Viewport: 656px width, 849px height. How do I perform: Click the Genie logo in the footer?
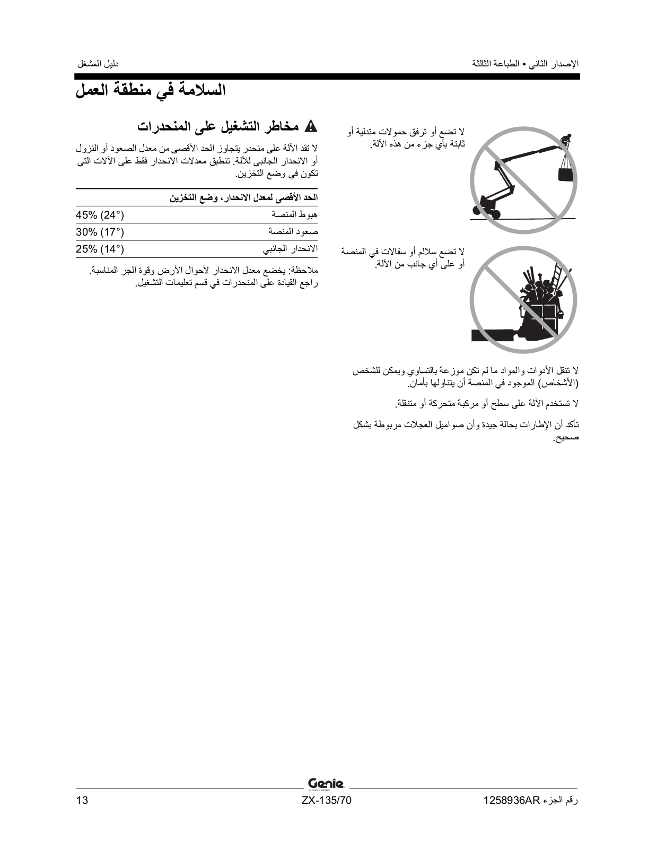[x=326, y=783]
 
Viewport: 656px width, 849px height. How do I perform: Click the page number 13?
[x=82, y=801]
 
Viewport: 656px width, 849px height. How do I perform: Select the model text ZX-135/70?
[x=326, y=801]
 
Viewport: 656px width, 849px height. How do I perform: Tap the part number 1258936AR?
[x=511, y=801]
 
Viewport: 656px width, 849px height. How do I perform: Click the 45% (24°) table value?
[x=100, y=215]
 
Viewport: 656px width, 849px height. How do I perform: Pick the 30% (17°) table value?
[x=100, y=232]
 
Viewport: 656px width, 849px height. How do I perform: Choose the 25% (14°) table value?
[x=100, y=249]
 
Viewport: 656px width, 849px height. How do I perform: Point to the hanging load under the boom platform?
[x=566, y=175]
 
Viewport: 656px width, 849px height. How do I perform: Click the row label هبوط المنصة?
[x=294, y=215]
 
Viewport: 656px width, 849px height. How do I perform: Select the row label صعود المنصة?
[x=293, y=232]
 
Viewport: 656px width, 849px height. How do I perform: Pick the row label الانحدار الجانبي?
[x=290, y=249]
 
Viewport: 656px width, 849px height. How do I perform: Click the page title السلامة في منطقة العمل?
[x=151, y=90]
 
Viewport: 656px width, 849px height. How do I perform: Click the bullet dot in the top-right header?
[x=524, y=65]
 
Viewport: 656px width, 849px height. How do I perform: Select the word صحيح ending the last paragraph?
[x=566, y=438]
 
